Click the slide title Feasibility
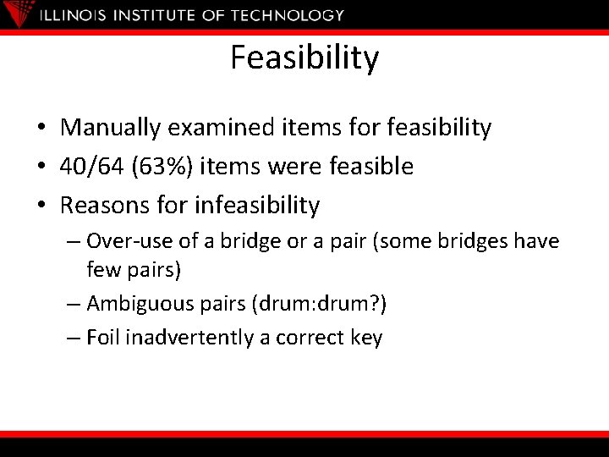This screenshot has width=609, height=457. coord(304,58)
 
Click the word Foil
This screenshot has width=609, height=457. coord(102,338)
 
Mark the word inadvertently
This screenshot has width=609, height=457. coord(190,338)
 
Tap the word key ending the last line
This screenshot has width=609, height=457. coord(365,339)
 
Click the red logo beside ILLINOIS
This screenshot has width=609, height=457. coord(23,14)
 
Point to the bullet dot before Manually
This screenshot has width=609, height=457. coord(41,129)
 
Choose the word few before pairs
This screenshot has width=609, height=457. coord(103,271)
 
